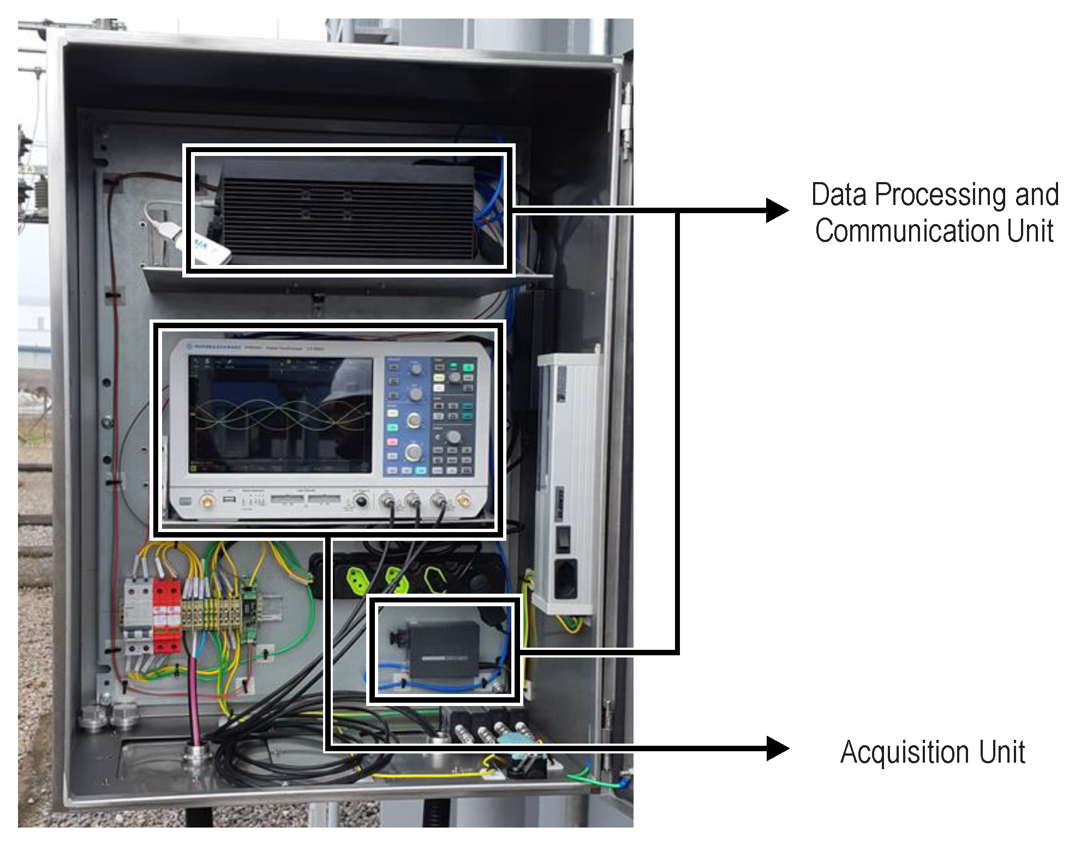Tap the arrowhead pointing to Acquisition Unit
pyautogui.click(x=777, y=749)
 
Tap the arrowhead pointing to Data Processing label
pyautogui.click(x=777, y=210)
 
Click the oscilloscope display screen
pyautogui.click(x=280, y=414)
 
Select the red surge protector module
pyautogui.click(x=166, y=616)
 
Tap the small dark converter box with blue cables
pyautogui.click(x=443, y=649)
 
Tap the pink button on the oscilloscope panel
pyautogui.click(x=392, y=442)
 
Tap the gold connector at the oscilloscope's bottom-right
pyautogui.click(x=464, y=500)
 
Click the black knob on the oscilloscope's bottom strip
pyautogui.click(x=361, y=502)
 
